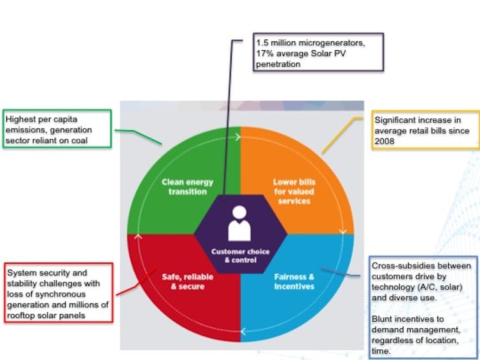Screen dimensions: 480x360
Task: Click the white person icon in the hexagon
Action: (239, 223)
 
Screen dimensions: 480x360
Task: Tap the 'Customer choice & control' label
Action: (240, 256)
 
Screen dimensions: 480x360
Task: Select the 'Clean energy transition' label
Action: (187, 186)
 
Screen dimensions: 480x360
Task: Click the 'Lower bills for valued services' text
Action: (294, 191)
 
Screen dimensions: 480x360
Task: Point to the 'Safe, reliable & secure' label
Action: (187, 281)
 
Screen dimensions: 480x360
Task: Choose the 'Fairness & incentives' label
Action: (294, 281)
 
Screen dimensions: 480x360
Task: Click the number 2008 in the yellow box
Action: (384, 141)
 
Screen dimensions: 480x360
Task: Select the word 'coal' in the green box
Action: (80, 141)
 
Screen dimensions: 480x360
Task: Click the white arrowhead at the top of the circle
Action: (238, 137)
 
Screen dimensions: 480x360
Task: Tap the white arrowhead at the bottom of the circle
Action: (243, 331)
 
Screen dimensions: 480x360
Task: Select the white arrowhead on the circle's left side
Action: (138, 236)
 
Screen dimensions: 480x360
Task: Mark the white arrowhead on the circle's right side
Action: (343, 232)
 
